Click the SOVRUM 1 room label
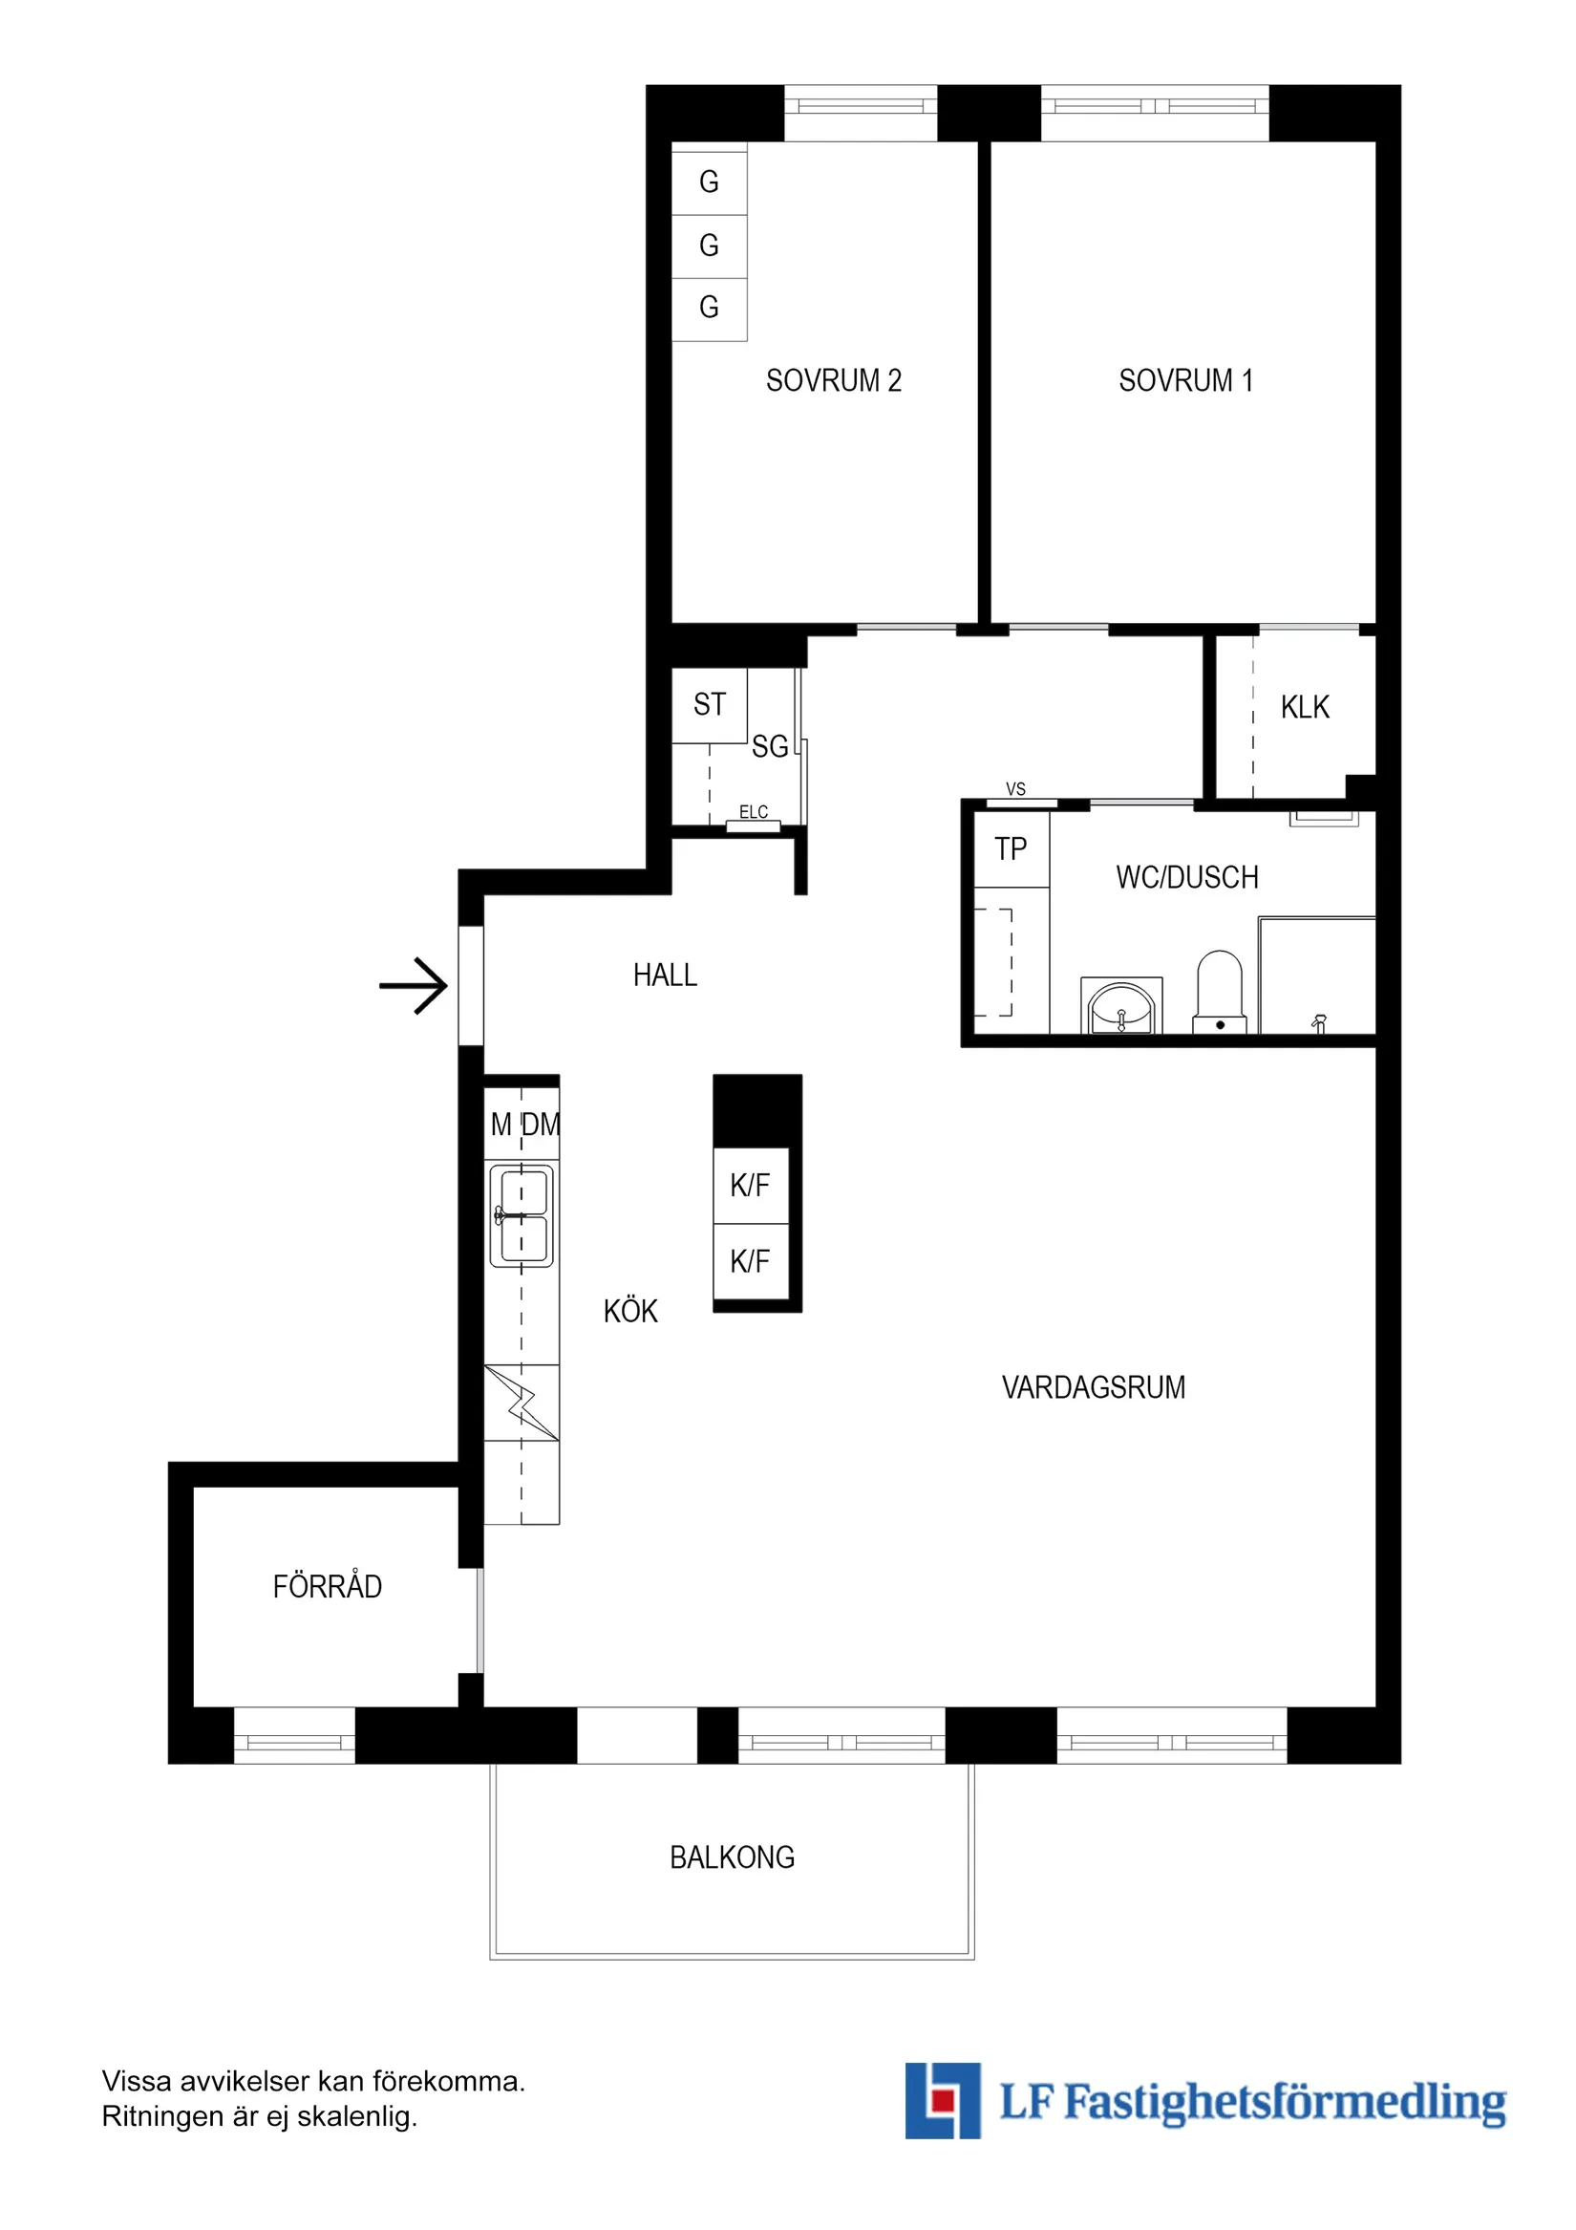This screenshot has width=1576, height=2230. (1184, 379)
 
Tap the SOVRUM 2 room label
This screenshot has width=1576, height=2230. (833, 379)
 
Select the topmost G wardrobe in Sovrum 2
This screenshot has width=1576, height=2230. (709, 182)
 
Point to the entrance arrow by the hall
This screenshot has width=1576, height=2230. (414, 986)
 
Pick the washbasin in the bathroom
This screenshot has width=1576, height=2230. (1121, 1007)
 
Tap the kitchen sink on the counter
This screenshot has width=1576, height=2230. (522, 1216)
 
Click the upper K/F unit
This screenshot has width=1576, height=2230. (750, 1185)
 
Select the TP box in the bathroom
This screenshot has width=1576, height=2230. (1011, 848)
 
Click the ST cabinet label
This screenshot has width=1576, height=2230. (709, 704)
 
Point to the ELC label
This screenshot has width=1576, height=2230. (754, 812)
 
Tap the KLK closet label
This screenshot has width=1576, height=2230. (1304, 707)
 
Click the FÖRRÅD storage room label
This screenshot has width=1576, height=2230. (328, 1586)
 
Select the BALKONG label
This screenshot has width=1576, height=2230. (733, 1857)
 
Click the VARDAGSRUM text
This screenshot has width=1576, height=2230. (1094, 1387)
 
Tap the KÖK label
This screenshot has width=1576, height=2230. (630, 1311)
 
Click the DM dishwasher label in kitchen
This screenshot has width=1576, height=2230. (542, 1125)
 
